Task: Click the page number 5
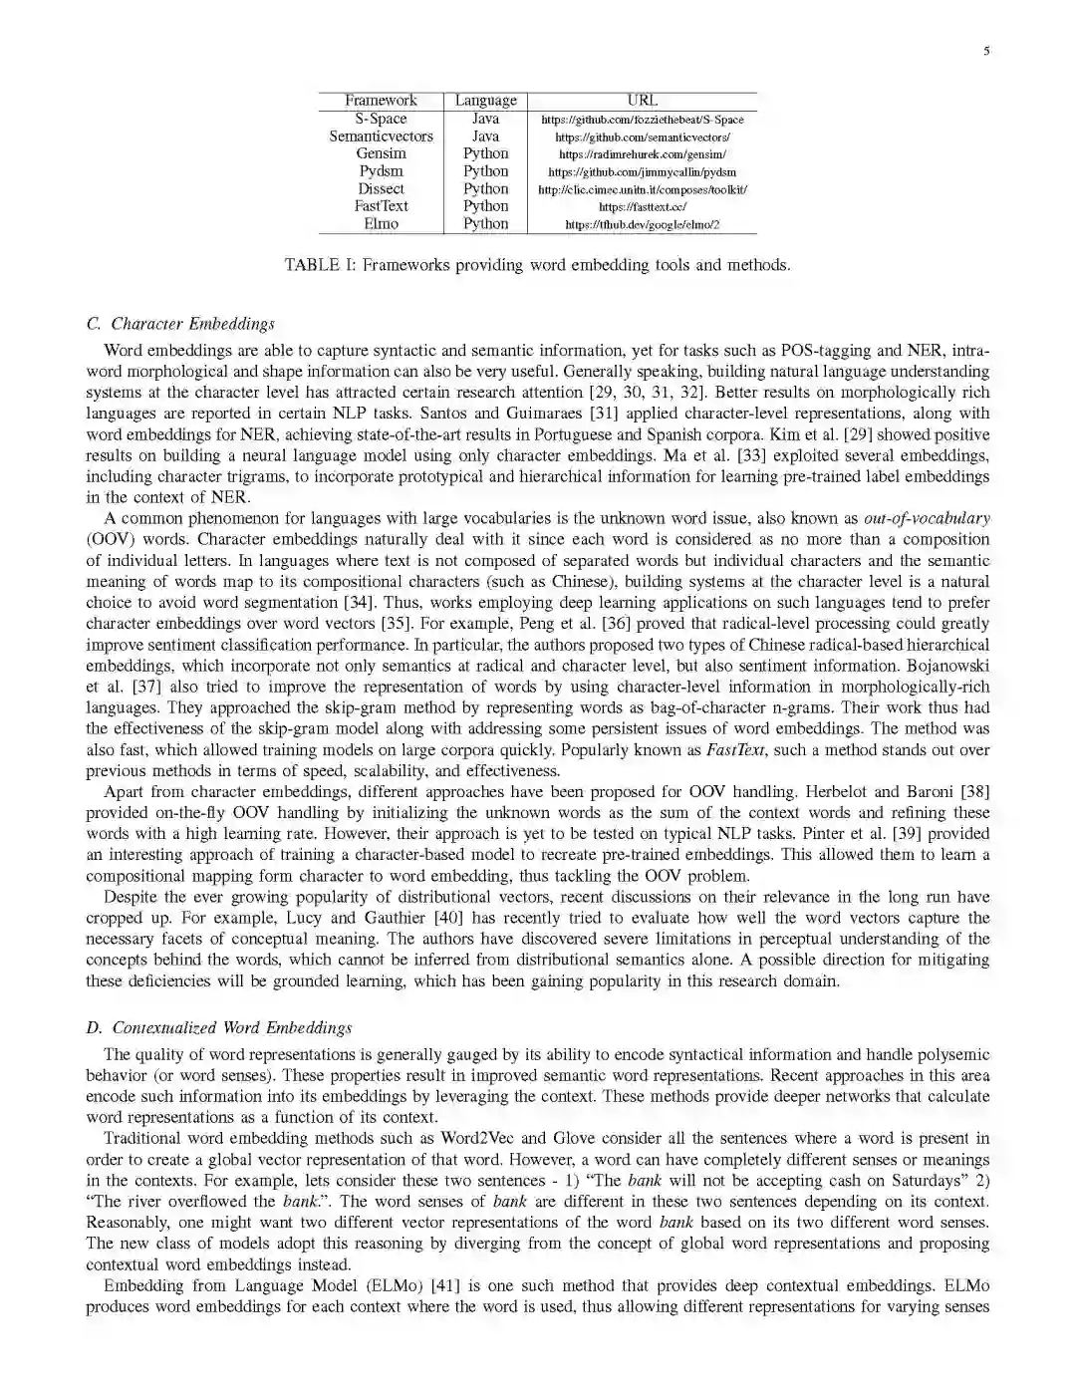(986, 52)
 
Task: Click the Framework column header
(381, 101)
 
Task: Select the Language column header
(485, 101)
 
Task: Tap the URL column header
(642, 101)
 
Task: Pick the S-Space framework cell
(381, 119)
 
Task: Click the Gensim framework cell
(381, 153)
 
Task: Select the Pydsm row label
(381, 171)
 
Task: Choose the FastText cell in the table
(381, 206)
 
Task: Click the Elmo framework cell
(381, 224)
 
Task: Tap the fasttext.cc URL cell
(642, 207)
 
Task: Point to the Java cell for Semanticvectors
(485, 137)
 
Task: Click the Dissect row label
(381, 189)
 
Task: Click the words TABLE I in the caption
(314, 265)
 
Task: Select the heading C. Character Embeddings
(180, 324)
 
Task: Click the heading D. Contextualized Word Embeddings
(218, 1028)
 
